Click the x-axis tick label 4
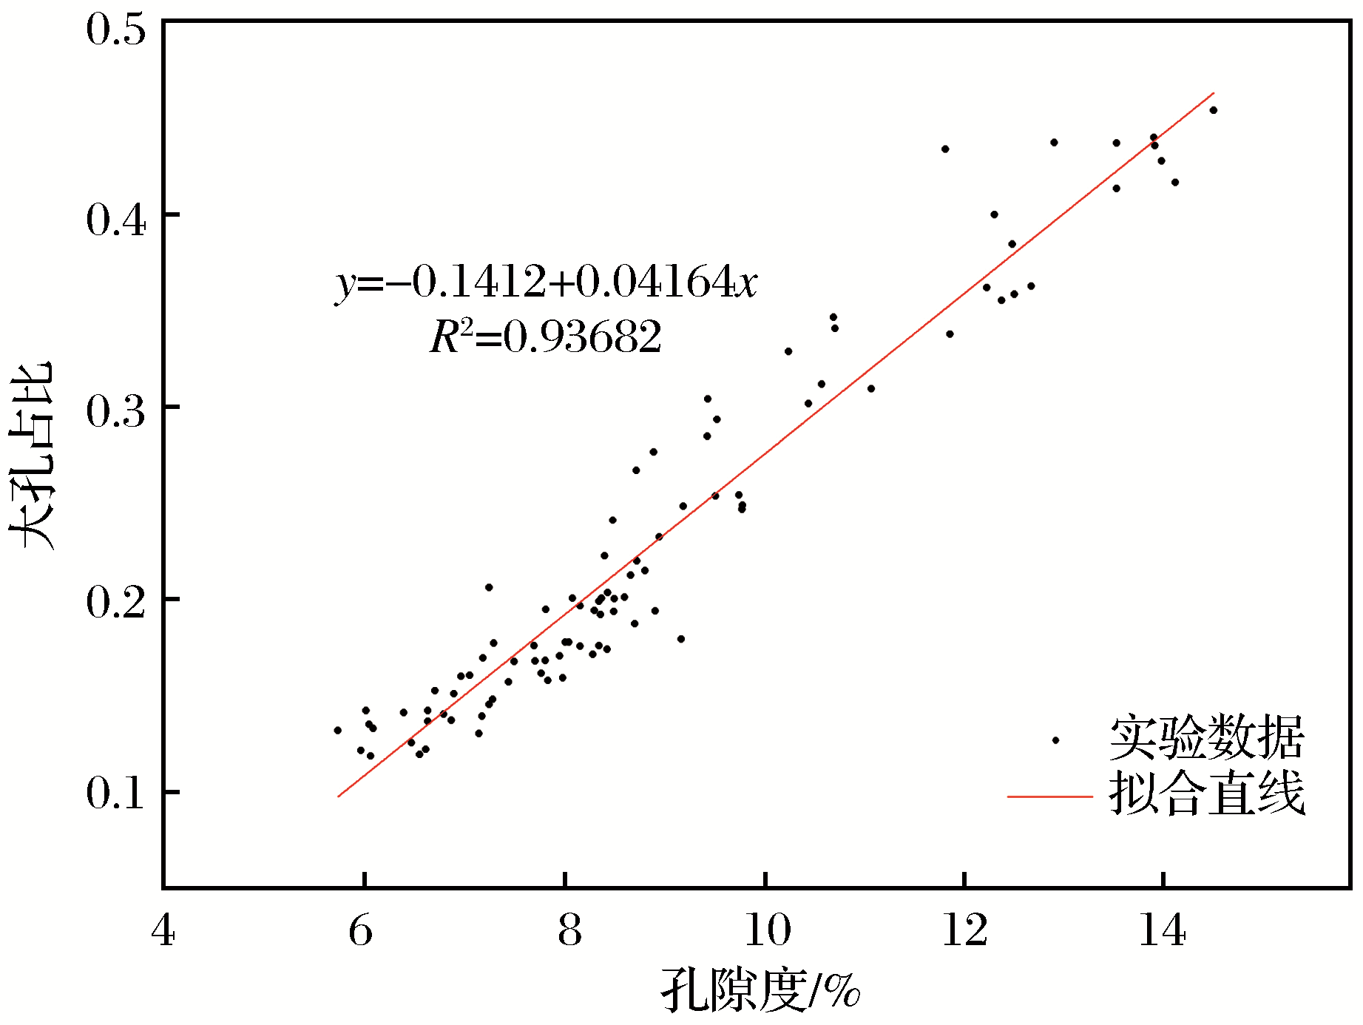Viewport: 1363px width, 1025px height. pyautogui.click(x=163, y=930)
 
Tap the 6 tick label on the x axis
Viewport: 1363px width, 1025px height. pyautogui.click(x=361, y=930)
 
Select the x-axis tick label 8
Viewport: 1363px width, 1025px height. pyautogui.click(x=569, y=930)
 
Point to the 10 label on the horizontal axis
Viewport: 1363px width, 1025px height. pyautogui.click(x=767, y=930)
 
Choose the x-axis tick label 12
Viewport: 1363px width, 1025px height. pyautogui.click(x=964, y=930)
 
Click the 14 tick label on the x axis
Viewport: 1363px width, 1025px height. pyautogui.click(x=1163, y=930)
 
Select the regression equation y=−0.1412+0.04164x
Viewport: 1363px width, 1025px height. pyautogui.click(x=546, y=283)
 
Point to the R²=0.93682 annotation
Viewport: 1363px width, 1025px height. pyautogui.click(x=546, y=337)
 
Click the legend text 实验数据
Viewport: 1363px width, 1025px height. pyautogui.click(x=1207, y=738)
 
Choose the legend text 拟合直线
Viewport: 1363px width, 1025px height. pyautogui.click(x=1207, y=794)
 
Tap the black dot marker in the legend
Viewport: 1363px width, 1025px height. pyautogui.click(x=1055, y=740)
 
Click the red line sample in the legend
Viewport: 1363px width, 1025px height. pyautogui.click(x=1050, y=796)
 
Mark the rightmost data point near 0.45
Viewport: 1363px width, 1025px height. pyautogui.click(x=1213, y=110)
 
